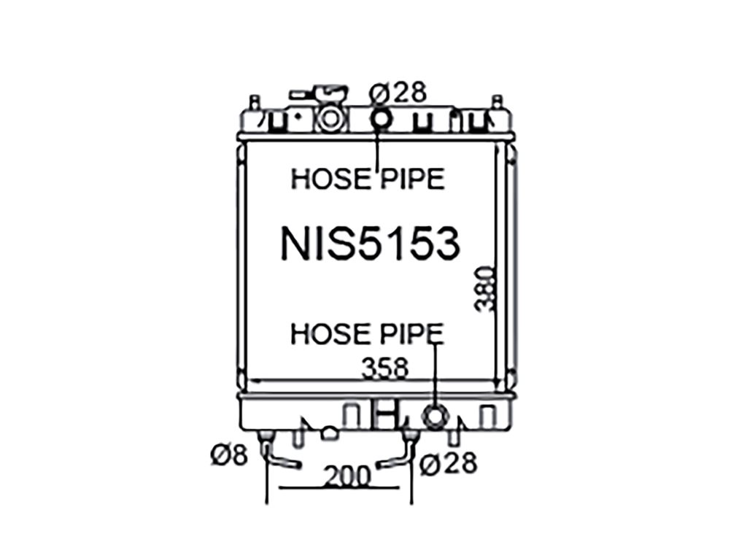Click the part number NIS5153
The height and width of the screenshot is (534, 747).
point(370,243)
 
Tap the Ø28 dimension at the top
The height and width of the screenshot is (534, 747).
point(398,93)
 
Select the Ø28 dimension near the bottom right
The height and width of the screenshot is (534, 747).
point(448,463)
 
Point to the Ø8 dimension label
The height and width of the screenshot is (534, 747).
point(229,455)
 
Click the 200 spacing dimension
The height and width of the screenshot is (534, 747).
point(347,476)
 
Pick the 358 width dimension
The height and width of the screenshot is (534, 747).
point(385,368)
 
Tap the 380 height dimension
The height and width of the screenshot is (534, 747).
point(484,289)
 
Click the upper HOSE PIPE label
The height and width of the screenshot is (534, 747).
point(368,179)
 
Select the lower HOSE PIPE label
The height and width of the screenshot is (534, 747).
point(367,333)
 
